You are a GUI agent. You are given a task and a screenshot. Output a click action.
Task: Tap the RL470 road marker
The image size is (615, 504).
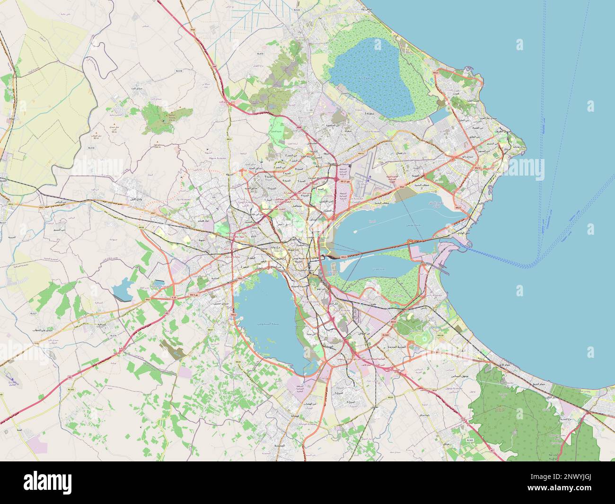tap(260, 54)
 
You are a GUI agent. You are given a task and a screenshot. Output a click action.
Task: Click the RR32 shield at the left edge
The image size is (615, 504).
tap(10, 204)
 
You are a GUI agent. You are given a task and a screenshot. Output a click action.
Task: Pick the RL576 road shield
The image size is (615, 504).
tap(113, 336)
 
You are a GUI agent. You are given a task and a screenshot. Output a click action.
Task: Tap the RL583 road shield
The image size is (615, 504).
tap(71, 389)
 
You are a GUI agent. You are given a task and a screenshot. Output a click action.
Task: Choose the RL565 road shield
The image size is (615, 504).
tap(470, 440)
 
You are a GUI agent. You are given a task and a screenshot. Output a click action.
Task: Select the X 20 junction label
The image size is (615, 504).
tap(174, 297)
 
